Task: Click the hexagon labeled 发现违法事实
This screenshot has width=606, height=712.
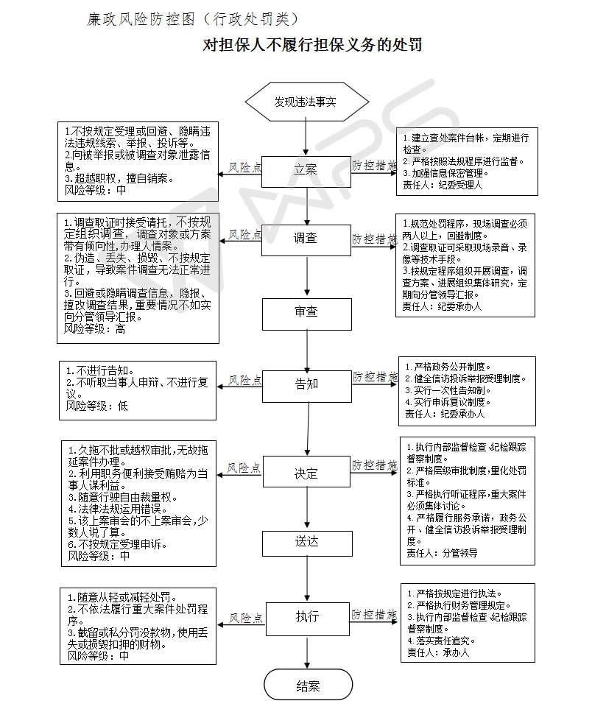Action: click(x=306, y=102)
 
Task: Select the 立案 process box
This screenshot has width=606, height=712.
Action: click(x=306, y=169)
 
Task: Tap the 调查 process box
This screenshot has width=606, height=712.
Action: click(x=306, y=238)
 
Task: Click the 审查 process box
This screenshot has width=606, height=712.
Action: click(x=306, y=312)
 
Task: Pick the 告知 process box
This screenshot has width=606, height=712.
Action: click(x=307, y=384)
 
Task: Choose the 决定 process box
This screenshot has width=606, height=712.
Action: click(x=306, y=473)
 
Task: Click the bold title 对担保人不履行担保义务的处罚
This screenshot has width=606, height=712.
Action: click(x=312, y=45)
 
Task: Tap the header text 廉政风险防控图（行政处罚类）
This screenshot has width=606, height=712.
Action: click(x=193, y=18)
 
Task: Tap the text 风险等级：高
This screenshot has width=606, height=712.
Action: click(x=95, y=329)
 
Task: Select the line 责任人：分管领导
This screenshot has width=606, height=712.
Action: click(x=442, y=553)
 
